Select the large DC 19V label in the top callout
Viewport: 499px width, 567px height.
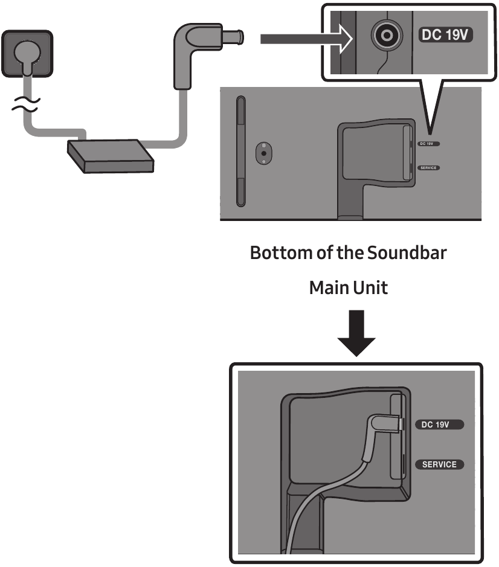click(446, 36)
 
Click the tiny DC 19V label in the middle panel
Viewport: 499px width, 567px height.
click(428, 144)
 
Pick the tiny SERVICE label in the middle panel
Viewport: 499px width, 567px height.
click(428, 167)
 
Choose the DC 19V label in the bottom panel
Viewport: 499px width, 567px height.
click(439, 424)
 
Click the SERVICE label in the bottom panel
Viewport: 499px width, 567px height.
click(439, 464)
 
